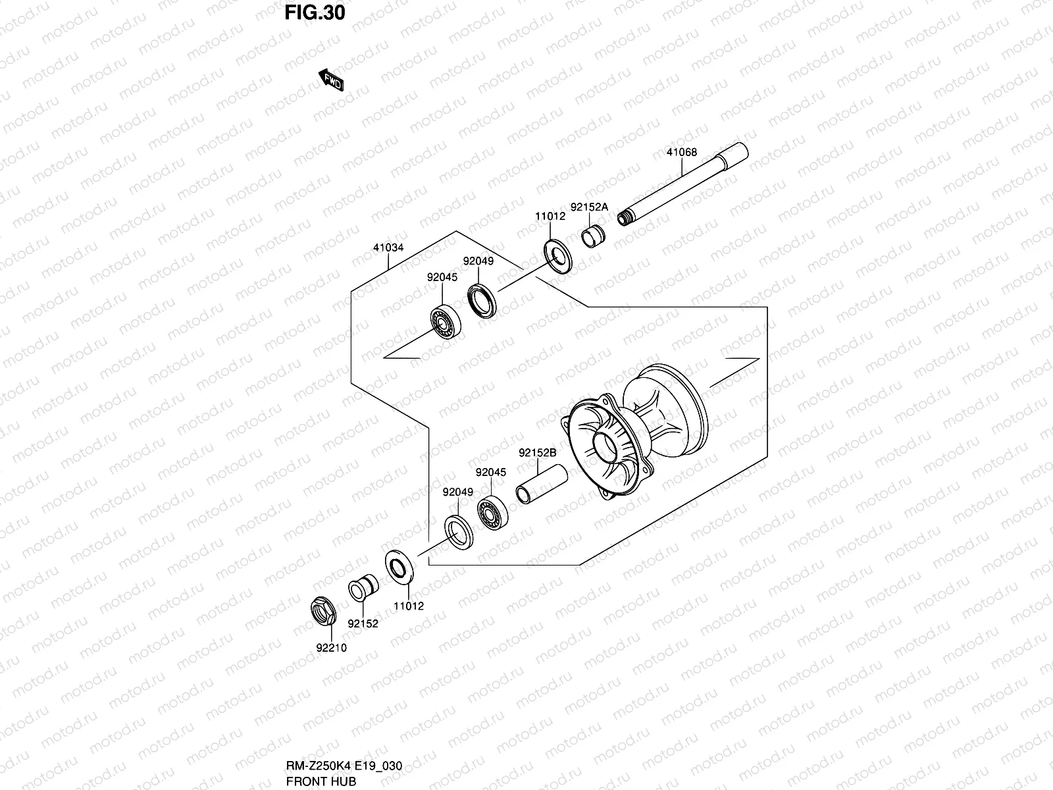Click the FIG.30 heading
tap(315, 13)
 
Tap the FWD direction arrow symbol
tap(331, 80)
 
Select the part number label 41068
tap(681, 153)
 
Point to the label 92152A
tap(589, 207)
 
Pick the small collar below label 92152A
tap(594, 235)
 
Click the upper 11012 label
tap(550, 216)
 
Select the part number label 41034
tap(388, 248)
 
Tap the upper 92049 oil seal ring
tap(486, 300)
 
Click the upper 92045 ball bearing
tap(446, 321)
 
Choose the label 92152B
tap(538, 453)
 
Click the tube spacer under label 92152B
tap(540, 485)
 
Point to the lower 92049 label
tap(457, 492)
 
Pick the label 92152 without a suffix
tap(363, 623)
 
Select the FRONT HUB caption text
tap(321, 781)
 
